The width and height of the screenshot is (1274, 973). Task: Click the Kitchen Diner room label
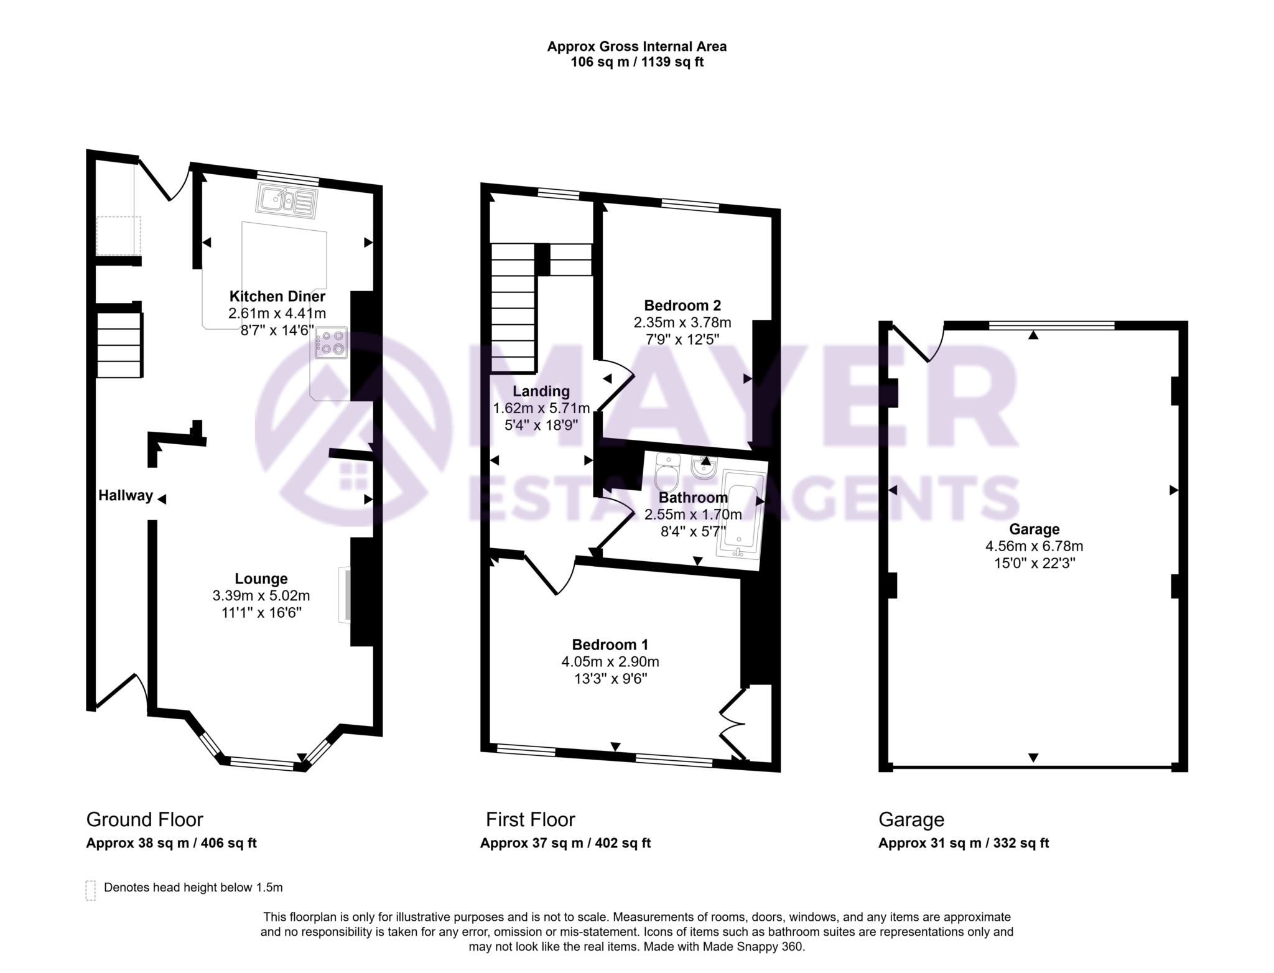277,297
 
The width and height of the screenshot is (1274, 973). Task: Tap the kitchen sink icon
287,200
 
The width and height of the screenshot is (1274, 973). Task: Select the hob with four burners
331,343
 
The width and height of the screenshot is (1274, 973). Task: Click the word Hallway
126,496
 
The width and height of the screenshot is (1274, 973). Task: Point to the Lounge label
261,579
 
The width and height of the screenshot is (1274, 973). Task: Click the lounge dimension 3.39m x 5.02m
261,596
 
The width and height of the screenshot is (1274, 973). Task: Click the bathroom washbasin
704,467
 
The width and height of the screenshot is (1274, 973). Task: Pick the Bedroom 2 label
682,305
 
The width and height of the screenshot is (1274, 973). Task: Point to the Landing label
541,391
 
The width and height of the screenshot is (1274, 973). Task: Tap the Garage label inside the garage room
1034,529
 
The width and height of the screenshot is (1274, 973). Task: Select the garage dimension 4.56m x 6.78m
1034,546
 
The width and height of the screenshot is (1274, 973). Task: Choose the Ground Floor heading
144,819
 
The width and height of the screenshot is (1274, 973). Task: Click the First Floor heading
530,819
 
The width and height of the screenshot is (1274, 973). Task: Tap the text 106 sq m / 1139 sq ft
637,62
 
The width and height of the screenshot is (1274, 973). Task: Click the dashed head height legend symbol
91,890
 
